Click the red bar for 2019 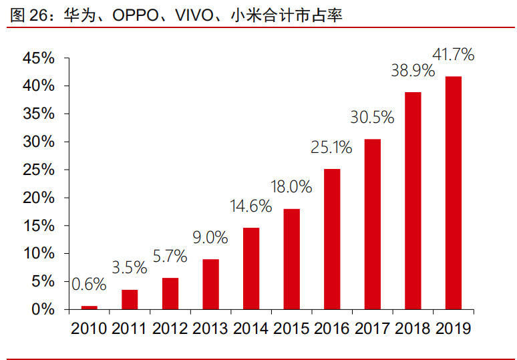[454, 193]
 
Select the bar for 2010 [90, 308]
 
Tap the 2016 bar [332, 239]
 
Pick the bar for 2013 [210, 285]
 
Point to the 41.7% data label [454, 54]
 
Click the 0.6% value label [89, 284]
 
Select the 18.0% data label [291, 187]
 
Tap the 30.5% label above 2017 [372, 117]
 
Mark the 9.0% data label [210, 237]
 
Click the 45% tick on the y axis [39, 58]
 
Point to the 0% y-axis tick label [43, 309]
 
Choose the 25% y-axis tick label [39, 170]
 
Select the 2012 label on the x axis [170, 329]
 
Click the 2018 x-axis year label [413, 329]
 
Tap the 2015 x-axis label [291, 329]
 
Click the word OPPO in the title [135, 15]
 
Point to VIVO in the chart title [194, 15]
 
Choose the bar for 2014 [251, 268]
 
